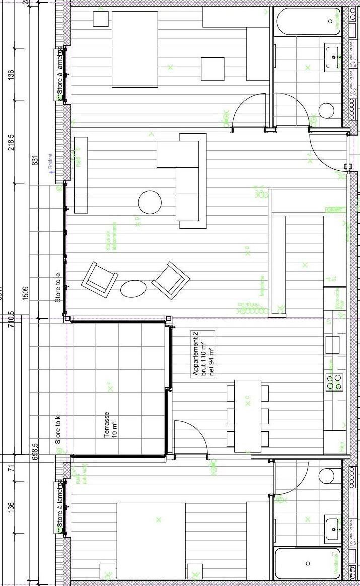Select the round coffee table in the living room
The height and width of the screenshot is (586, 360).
tap(150, 202)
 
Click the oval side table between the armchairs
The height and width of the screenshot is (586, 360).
tap(133, 288)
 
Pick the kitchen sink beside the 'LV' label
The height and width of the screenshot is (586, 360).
tap(333, 345)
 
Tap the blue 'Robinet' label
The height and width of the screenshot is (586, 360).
tap(50, 161)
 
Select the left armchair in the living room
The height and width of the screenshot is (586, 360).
tap(99, 278)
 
